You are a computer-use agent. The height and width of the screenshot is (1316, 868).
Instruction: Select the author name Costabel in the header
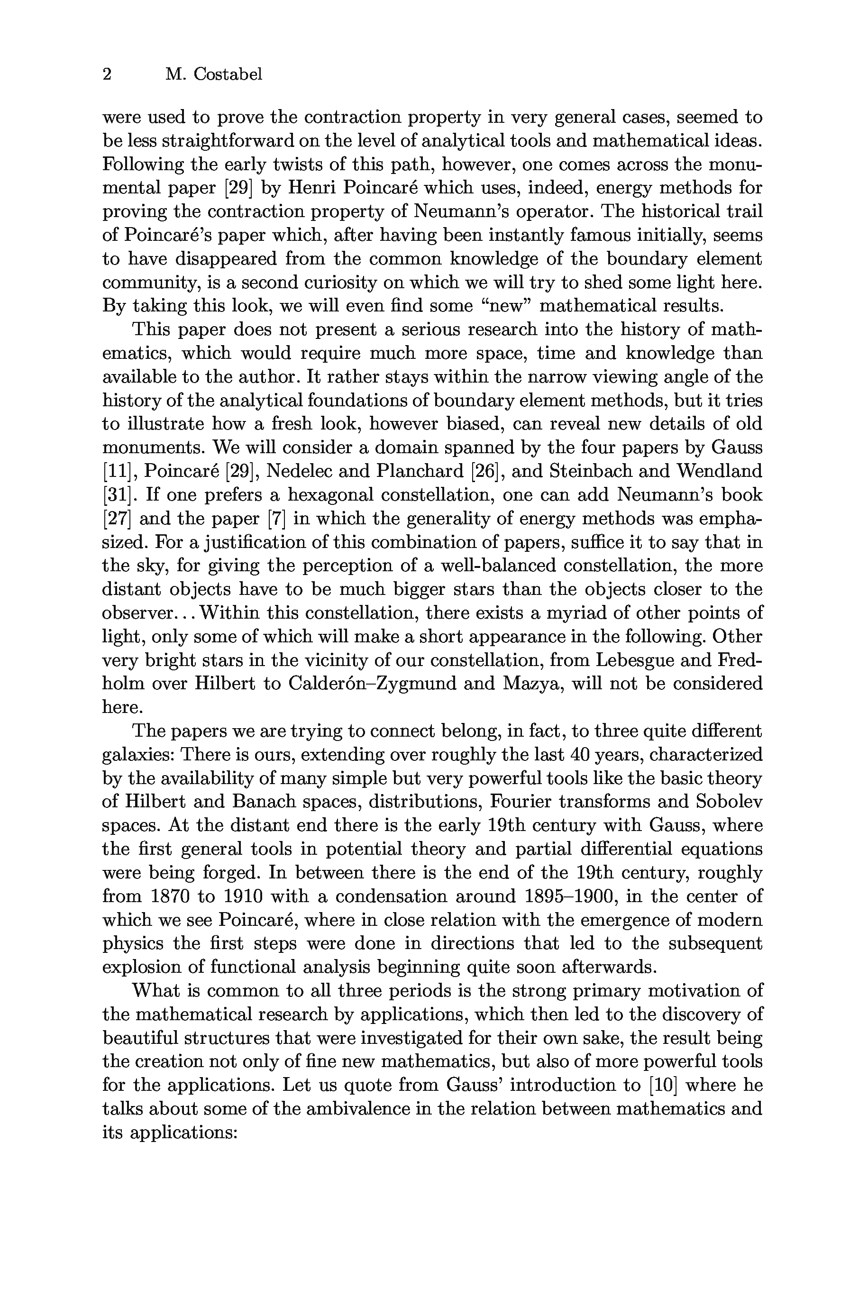(x=228, y=74)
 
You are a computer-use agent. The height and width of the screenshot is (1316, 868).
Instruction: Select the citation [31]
(x=116, y=495)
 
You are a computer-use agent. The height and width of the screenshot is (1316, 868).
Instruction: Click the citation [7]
(x=276, y=519)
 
